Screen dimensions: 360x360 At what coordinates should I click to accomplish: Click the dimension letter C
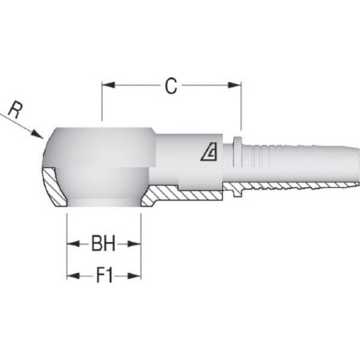(170, 86)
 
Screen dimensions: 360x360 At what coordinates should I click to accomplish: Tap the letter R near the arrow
(15, 111)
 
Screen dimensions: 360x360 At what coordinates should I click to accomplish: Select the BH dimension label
(104, 244)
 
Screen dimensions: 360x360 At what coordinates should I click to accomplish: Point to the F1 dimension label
(104, 276)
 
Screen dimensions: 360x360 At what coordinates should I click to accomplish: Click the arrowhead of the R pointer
(37, 135)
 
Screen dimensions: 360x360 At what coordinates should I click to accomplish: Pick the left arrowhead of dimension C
(108, 85)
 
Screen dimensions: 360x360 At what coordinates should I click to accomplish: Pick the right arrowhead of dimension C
(235, 85)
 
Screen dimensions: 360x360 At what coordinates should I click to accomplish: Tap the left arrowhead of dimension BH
(73, 244)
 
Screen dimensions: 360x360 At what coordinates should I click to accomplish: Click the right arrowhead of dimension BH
(135, 244)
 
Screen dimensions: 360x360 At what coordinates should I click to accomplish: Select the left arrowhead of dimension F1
(73, 276)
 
